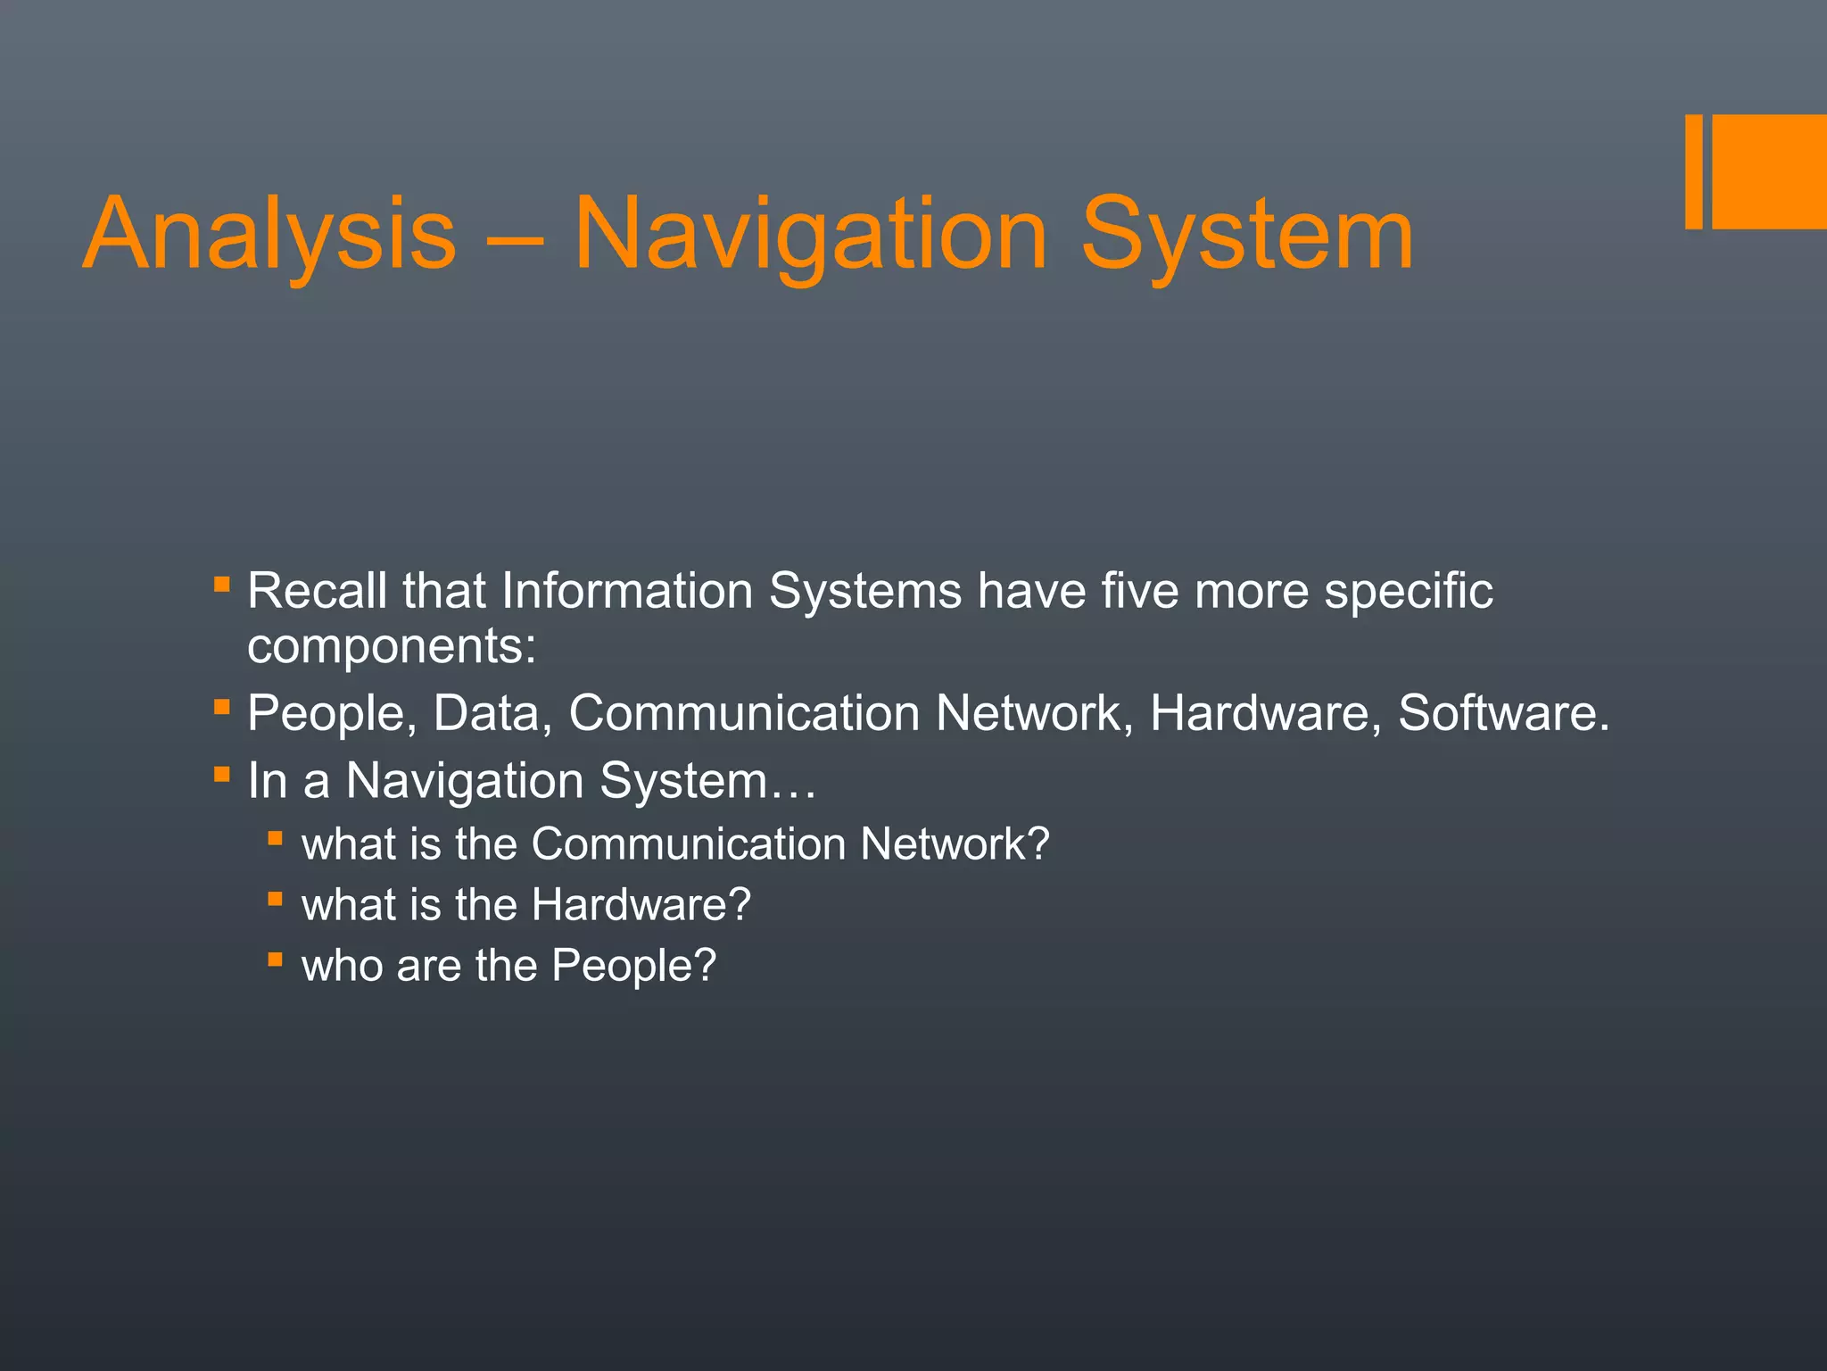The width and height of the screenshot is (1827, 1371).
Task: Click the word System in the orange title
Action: point(1246,235)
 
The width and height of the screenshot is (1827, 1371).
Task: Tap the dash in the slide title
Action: point(514,239)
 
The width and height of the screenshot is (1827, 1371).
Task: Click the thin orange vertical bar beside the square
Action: point(1694,171)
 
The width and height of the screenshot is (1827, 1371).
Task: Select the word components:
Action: point(392,646)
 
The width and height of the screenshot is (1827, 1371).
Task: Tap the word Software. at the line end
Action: point(1504,713)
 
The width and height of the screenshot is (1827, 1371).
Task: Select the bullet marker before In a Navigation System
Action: point(222,773)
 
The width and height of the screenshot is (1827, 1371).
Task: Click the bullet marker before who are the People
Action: point(276,960)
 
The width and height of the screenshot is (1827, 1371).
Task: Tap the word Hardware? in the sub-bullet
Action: point(641,905)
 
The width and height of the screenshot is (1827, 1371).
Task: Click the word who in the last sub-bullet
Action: point(342,966)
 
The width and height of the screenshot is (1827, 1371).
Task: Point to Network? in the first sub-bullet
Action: point(955,844)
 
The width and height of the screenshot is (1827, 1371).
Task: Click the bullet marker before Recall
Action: point(222,585)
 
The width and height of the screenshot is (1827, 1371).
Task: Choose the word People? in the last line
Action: point(633,966)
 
